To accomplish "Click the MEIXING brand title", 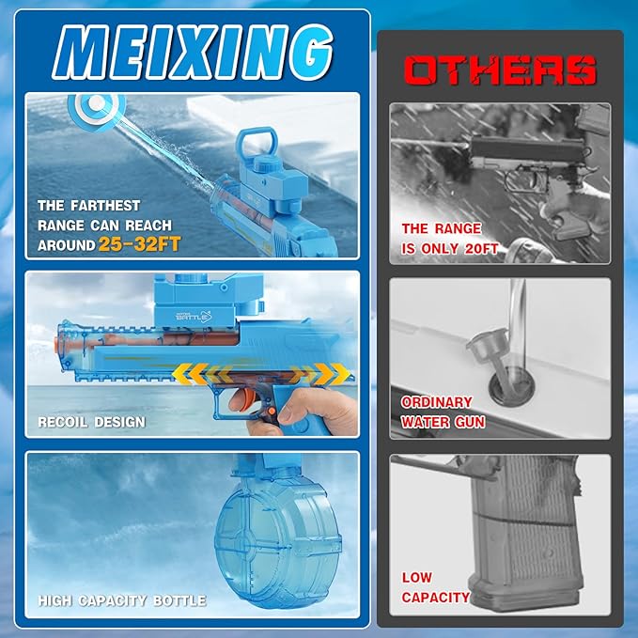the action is (x=192, y=52).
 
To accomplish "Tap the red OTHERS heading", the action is (x=500, y=70).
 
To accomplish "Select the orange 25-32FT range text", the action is (x=140, y=244).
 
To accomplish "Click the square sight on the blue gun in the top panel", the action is (x=256, y=143).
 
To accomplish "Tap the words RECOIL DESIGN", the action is (x=91, y=422).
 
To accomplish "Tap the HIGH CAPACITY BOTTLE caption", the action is (x=122, y=600).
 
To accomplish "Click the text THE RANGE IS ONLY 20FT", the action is (x=450, y=239).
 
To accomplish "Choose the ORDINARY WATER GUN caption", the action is (x=443, y=412).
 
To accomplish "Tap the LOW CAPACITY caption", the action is (x=435, y=587).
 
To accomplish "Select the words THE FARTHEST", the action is (x=88, y=206).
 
